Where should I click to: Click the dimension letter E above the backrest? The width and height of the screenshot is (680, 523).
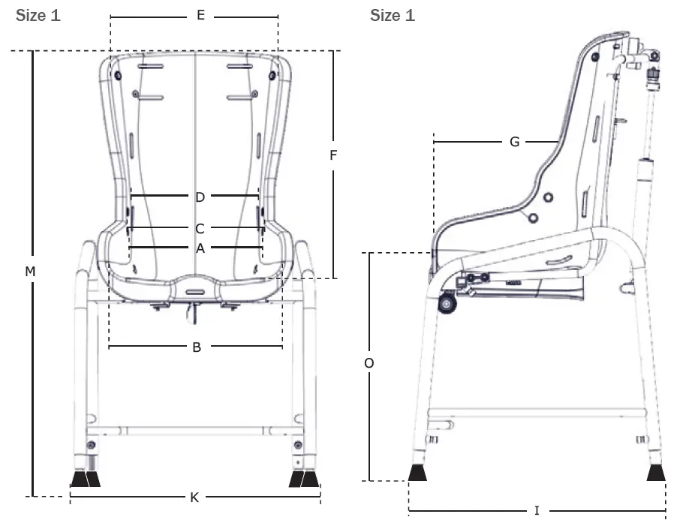(x=200, y=15)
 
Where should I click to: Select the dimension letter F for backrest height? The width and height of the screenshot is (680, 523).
(x=333, y=156)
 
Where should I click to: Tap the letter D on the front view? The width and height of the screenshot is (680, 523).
(x=200, y=197)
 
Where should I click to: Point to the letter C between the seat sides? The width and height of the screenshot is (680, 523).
(x=199, y=228)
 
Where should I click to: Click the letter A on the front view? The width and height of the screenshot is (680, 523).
(x=200, y=248)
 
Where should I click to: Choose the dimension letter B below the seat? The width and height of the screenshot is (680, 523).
(x=197, y=347)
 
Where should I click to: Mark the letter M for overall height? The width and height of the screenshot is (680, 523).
(x=30, y=272)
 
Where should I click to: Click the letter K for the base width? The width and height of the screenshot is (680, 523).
(x=194, y=497)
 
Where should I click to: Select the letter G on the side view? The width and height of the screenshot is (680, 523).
(x=514, y=141)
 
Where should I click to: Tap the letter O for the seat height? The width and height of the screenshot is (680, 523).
(x=369, y=363)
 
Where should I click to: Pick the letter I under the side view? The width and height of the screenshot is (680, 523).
(x=537, y=511)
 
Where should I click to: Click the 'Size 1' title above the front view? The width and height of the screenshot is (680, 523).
(x=38, y=16)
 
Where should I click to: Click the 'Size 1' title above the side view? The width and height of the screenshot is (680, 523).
(x=392, y=16)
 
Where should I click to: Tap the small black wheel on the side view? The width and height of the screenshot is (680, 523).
(x=449, y=305)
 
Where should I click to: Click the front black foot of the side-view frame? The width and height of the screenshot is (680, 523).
(x=419, y=473)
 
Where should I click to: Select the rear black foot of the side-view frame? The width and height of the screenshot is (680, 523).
(x=657, y=473)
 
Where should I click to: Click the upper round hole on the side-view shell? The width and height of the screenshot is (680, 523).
(x=547, y=197)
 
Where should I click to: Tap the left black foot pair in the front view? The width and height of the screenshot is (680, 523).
(x=85, y=478)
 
